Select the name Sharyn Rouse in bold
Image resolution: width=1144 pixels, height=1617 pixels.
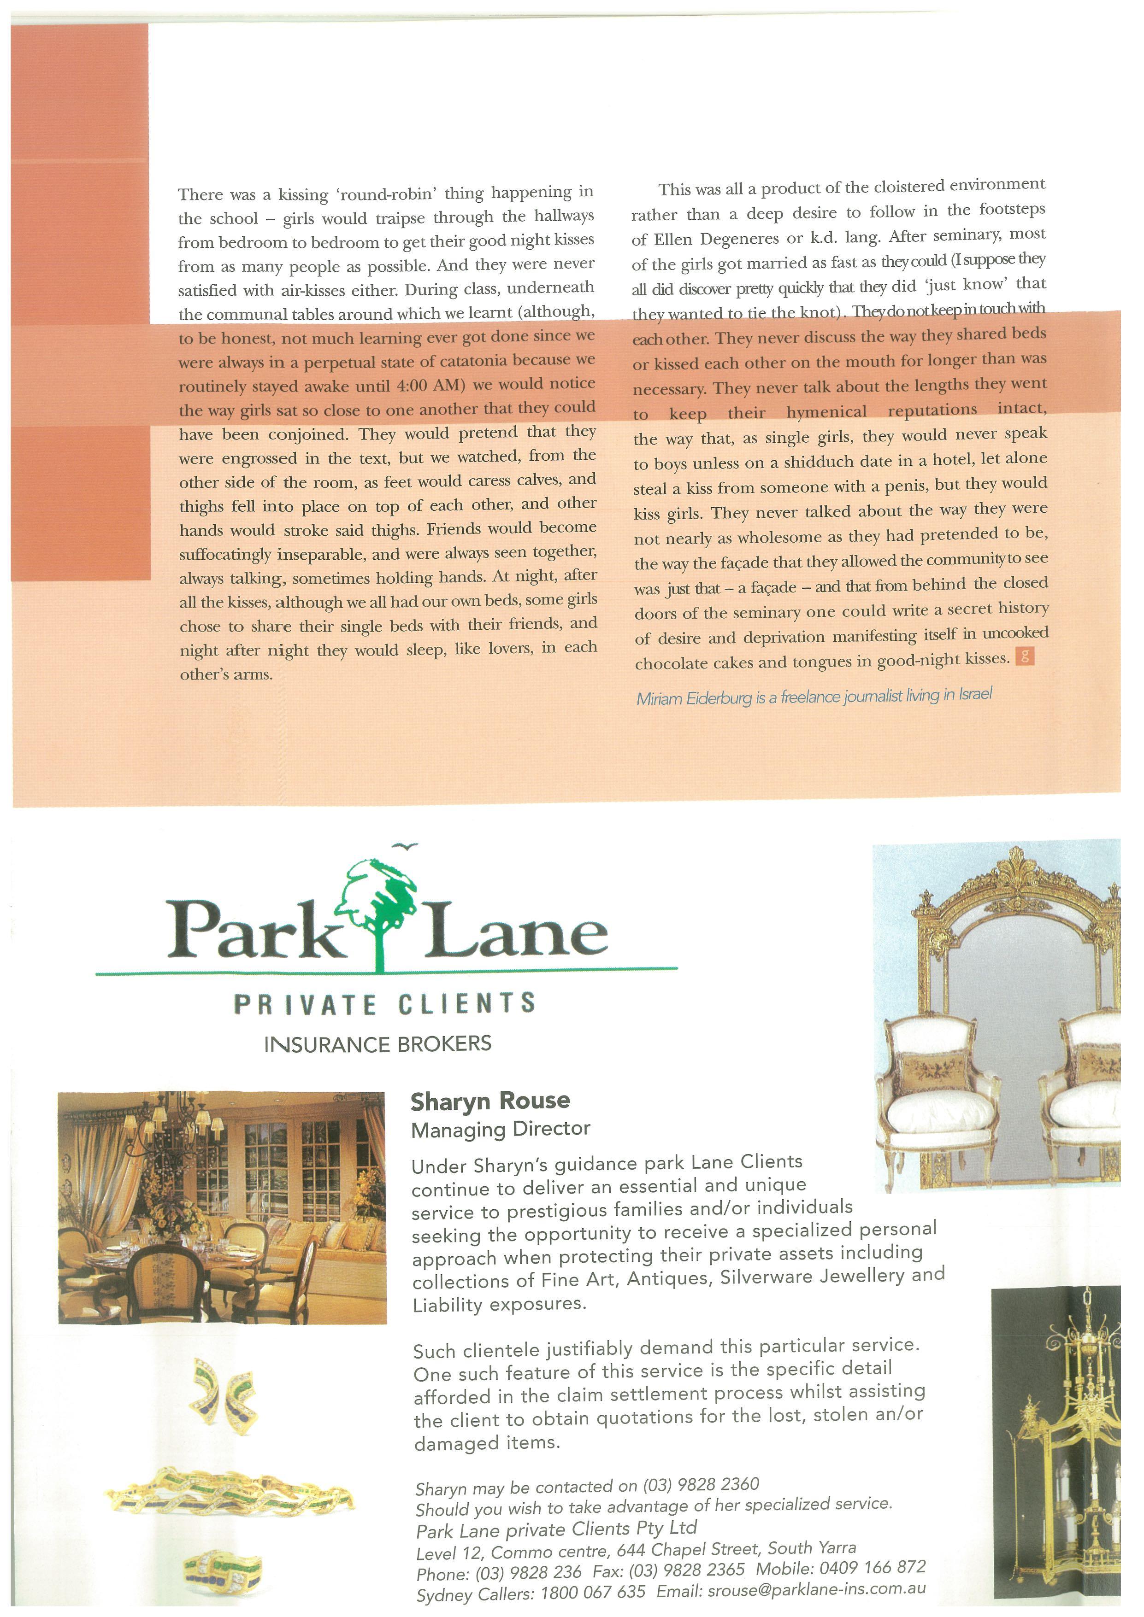point(490,1101)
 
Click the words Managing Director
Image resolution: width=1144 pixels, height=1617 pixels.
point(500,1130)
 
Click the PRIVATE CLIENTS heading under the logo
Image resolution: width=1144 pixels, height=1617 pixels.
point(384,1003)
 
